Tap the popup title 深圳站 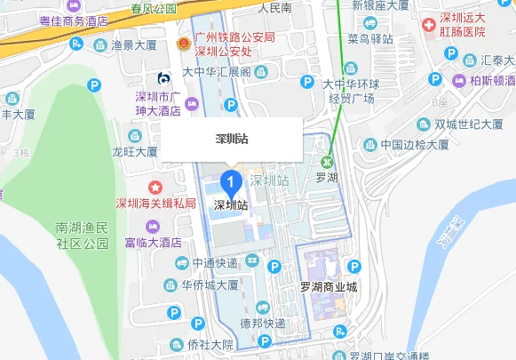232,140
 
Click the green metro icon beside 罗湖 329,162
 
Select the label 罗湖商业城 328,286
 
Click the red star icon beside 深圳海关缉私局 156,188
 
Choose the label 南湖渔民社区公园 82,235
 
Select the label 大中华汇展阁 216,71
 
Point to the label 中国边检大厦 412,145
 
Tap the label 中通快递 214,264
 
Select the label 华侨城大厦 210,285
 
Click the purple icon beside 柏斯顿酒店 459,80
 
